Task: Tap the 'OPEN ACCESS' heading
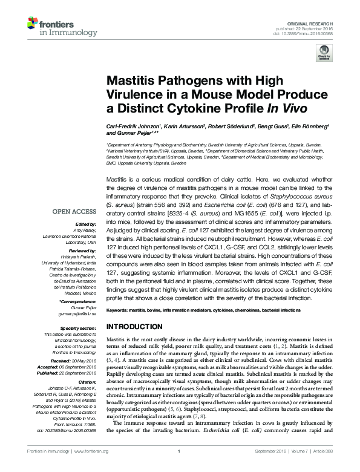click(74, 212)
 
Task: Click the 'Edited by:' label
click(88, 223)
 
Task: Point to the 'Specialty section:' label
click(80, 327)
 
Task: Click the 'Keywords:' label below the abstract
click(118, 310)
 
